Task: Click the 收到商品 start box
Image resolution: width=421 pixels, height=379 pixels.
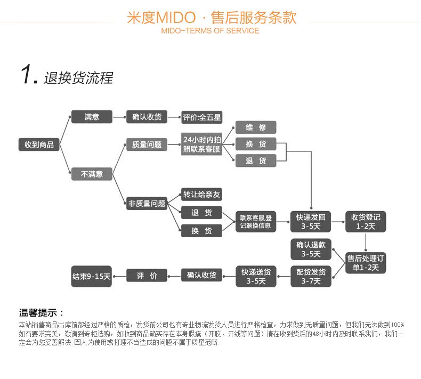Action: (x=39, y=144)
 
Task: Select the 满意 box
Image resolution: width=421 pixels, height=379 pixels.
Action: (x=92, y=117)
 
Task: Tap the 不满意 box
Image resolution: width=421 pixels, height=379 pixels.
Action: (x=92, y=174)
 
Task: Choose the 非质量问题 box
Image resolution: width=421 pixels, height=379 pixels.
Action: (x=147, y=203)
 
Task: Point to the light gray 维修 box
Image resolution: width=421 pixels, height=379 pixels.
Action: (x=256, y=127)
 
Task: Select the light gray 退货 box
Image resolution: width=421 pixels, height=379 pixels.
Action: (x=256, y=160)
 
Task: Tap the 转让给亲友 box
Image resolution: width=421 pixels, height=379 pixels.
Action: (x=201, y=195)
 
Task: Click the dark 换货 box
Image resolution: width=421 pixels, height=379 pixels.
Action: (x=201, y=231)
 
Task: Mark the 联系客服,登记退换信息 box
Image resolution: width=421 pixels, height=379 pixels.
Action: (x=256, y=221)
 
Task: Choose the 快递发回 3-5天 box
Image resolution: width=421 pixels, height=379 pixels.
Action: (x=311, y=221)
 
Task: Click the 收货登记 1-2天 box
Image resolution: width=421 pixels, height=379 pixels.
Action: (x=366, y=221)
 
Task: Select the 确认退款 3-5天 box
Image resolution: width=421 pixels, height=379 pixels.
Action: (x=311, y=249)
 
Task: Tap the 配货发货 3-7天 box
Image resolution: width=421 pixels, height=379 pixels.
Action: (x=311, y=276)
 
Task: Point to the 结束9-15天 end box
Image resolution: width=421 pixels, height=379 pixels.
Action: (x=92, y=276)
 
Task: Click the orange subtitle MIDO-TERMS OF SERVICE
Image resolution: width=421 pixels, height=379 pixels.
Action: (x=210, y=30)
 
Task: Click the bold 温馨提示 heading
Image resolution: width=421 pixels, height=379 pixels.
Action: (x=42, y=313)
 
